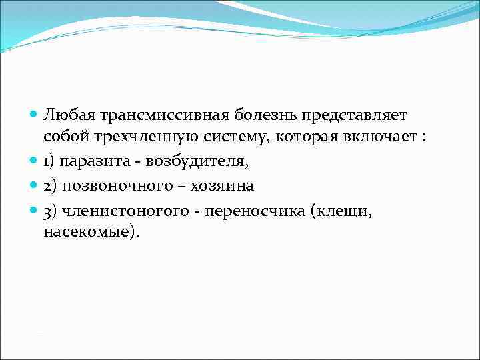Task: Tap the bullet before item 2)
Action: (x=34, y=185)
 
